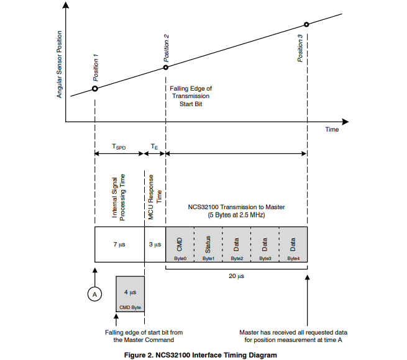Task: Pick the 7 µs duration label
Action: (119, 245)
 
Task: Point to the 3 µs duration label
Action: (155, 245)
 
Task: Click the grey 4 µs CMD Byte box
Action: (130, 294)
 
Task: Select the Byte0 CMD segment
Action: (180, 245)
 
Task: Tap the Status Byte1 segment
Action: (208, 245)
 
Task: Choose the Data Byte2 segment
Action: (237, 245)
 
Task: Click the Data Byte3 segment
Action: (265, 245)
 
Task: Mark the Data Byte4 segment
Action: (293, 245)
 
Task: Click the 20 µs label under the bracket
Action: (236, 276)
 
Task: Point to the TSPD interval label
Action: (119, 147)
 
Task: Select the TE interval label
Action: (155, 147)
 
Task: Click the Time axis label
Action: (332, 130)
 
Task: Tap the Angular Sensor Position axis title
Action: (60, 65)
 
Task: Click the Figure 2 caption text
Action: (200, 355)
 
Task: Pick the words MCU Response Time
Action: (155, 197)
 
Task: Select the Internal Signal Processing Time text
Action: (118, 197)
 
